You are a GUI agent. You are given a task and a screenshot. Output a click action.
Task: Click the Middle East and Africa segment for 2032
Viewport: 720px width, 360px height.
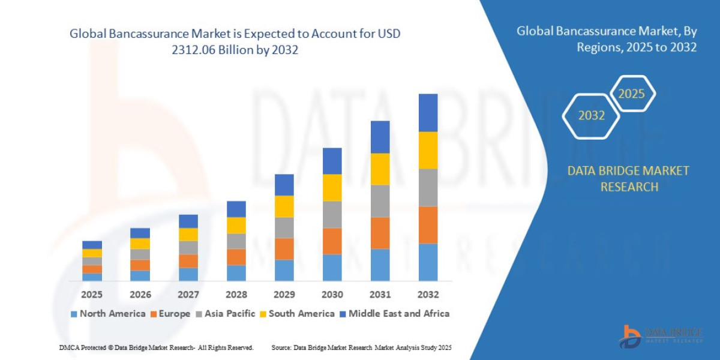tap(428, 113)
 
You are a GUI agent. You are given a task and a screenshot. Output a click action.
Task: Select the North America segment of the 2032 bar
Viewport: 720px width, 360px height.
tap(428, 262)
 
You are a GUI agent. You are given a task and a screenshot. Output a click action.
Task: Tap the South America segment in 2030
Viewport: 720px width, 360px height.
tap(332, 188)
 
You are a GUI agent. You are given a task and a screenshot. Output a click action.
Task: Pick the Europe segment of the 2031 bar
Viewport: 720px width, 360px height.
tap(380, 233)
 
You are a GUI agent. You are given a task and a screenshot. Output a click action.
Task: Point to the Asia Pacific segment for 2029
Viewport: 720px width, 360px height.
tap(284, 228)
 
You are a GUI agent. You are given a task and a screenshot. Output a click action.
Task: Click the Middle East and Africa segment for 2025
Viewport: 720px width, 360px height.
tap(92, 245)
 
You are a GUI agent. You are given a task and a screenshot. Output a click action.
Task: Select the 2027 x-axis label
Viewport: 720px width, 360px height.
tap(188, 295)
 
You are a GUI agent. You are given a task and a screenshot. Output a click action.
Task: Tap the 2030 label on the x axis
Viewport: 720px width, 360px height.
tap(332, 295)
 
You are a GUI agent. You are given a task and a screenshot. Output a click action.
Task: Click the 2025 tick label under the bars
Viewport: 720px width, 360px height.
tap(92, 295)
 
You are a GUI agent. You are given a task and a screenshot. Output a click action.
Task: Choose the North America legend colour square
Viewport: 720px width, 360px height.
tap(74, 314)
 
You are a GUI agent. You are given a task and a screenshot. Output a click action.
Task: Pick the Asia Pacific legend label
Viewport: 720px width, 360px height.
tap(230, 314)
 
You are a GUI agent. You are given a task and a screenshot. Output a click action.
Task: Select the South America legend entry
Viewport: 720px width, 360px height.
tap(301, 314)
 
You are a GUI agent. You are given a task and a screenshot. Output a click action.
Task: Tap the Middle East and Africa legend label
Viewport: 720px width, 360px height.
tap(399, 314)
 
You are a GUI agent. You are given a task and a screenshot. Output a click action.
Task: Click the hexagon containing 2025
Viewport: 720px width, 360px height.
tap(631, 94)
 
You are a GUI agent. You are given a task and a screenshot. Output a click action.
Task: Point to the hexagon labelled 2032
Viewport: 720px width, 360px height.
tap(591, 115)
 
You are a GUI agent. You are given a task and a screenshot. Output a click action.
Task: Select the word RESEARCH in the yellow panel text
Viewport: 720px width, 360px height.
tap(628, 187)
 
